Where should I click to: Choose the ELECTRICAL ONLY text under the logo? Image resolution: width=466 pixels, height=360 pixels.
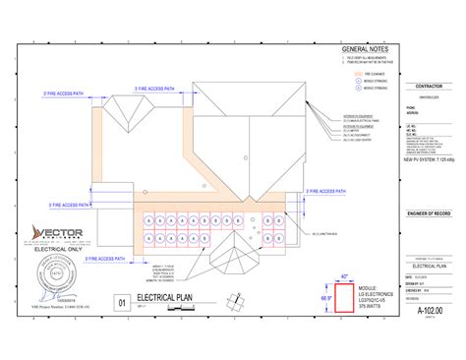pyautogui.click(x=57, y=250)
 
